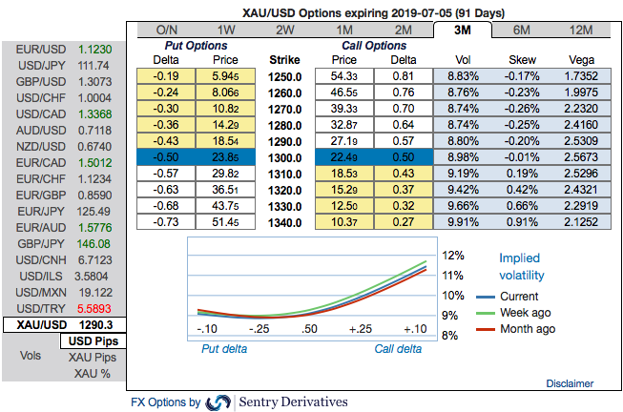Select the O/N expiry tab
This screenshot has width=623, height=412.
[167, 30]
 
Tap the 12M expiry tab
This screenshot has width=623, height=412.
[580, 30]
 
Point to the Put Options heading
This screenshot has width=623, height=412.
[192, 45]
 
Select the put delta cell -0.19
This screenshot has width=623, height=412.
[166, 74]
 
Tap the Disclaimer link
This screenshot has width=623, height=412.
[571, 382]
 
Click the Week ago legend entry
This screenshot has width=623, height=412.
[527, 312]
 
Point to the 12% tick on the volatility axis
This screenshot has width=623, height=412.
[454, 256]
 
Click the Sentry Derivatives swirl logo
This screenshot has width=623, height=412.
[218, 402]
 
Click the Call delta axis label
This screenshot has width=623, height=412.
[398, 349]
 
